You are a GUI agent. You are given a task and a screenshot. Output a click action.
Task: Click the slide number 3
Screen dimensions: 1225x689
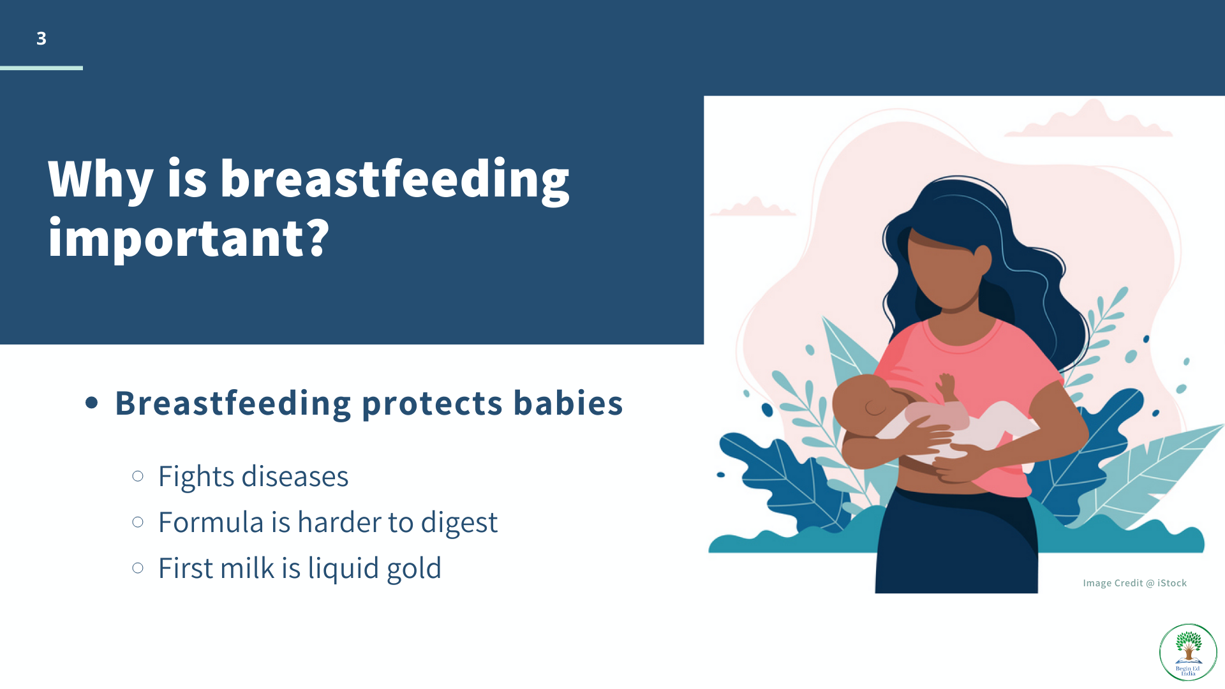41,38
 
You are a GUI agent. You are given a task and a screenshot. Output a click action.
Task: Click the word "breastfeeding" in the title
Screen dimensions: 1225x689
394,181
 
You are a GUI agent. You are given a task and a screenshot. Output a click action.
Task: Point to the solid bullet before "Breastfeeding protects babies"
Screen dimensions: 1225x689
92,403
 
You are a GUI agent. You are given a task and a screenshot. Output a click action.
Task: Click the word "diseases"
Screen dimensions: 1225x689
295,477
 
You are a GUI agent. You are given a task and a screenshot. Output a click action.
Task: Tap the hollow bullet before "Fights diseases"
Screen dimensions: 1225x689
138,476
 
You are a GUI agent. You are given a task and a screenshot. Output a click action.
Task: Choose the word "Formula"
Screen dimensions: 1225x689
211,522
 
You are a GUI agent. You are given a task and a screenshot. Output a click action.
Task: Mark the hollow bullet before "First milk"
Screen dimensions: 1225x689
138,568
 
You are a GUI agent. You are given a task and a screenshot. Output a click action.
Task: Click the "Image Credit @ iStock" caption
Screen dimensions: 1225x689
1135,583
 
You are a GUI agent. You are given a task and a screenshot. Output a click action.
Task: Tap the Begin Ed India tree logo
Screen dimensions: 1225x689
1188,652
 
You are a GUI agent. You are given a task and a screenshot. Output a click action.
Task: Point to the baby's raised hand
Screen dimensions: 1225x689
946,385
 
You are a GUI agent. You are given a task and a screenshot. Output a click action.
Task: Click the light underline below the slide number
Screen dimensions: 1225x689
41,68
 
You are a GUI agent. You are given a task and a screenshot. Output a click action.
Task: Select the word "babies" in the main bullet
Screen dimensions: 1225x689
568,404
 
